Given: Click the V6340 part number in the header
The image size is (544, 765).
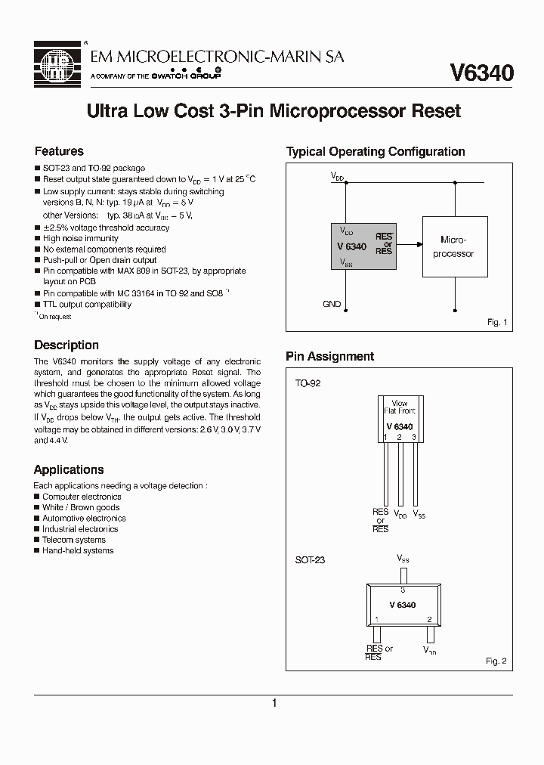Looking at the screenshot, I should [481, 73].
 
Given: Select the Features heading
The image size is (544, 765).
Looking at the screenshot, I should [59, 151].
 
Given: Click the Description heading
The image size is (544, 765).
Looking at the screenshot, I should [66, 345].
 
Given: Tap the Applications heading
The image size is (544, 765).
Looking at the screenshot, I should [69, 469].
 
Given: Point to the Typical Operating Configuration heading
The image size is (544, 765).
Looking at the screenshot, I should [375, 151].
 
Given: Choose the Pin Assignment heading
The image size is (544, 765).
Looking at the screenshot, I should [329, 357].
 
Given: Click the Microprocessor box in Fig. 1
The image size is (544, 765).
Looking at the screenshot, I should [453, 246].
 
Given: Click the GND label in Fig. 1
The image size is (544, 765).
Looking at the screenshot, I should [332, 304].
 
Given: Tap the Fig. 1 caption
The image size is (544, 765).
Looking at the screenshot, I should [496, 322].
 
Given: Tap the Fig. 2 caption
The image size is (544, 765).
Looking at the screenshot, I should [496, 661].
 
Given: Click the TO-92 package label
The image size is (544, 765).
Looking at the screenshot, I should [308, 383].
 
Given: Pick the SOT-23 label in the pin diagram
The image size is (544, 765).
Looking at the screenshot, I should [310, 560].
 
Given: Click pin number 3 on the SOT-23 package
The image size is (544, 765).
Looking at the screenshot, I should [403, 589].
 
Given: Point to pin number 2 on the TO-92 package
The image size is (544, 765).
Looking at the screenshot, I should [400, 437].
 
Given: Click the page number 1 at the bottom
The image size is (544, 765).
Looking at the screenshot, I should [274, 703].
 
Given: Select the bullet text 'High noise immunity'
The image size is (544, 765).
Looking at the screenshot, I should [81, 238].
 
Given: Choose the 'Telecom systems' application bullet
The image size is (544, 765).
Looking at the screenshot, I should [74, 540].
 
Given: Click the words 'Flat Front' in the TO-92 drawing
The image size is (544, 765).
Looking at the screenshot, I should [400, 411].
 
